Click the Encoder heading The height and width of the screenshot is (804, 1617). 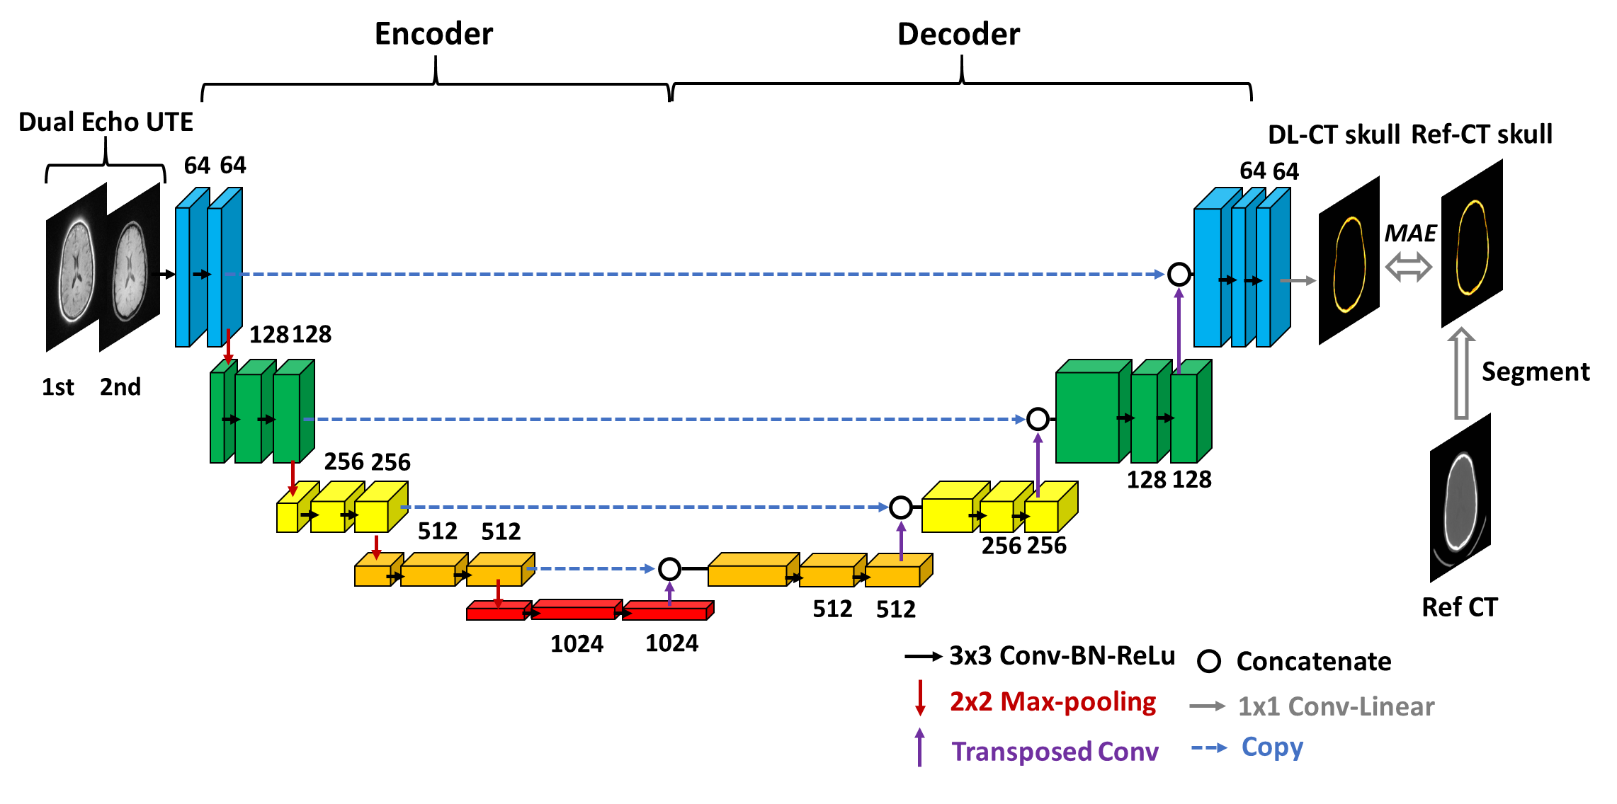[433, 34]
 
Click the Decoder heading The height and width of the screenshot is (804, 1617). [958, 34]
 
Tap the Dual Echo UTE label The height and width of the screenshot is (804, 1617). [106, 122]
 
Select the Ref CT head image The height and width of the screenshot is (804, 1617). [1460, 499]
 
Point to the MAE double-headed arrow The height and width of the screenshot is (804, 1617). [1408, 268]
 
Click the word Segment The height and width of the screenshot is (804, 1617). [1535, 372]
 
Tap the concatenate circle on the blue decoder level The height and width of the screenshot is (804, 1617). [1179, 274]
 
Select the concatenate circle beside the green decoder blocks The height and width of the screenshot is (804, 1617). [1038, 419]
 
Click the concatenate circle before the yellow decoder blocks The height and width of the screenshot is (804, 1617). [900, 507]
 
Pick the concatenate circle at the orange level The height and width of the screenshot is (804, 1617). [669, 568]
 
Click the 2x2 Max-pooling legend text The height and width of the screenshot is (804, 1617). [1053, 701]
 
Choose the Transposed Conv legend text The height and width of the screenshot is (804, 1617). [1055, 751]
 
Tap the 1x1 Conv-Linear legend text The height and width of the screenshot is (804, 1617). [1336, 706]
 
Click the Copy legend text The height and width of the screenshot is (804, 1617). [1272, 747]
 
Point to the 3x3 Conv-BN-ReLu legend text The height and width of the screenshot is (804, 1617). [1062, 656]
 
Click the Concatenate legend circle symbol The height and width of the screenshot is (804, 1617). [1208, 662]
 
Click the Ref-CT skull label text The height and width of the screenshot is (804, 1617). [1482, 134]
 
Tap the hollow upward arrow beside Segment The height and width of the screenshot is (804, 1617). [1460, 373]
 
